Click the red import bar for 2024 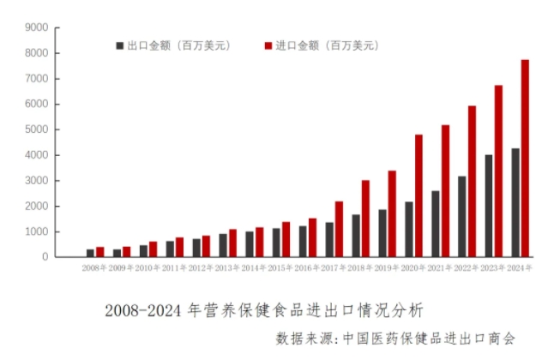[x=525, y=159]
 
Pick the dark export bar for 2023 [x=488, y=206]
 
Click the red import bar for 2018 [x=365, y=219]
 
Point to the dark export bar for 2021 [x=436, y=224]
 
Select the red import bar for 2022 [x=472, y=181]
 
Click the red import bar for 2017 [x=340, y=229]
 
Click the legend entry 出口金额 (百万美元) [x=164, y=45]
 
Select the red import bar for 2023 [x=498, y=171]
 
